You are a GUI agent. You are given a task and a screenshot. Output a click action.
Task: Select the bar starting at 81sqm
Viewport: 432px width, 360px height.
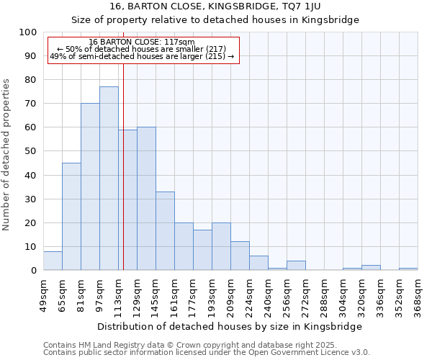[90, 187]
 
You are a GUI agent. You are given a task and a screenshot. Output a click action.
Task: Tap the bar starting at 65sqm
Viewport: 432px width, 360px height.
[71, 217]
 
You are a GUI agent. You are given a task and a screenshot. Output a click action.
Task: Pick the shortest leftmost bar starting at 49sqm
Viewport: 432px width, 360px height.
[53, 261]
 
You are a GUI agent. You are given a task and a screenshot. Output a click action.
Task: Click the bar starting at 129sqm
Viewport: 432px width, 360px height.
[146, 199]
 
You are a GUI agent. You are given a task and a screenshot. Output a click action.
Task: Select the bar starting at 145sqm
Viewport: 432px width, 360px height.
[165, 231]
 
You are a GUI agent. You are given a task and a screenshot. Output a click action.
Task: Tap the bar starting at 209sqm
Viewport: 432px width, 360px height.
[240, 256]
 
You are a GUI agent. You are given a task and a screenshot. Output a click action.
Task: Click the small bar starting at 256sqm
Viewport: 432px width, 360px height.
[296, 266]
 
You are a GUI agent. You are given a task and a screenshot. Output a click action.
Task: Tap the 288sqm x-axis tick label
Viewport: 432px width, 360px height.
[325, 295]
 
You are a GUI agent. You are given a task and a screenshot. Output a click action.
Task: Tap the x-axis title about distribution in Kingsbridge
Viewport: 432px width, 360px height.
[229, 326]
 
